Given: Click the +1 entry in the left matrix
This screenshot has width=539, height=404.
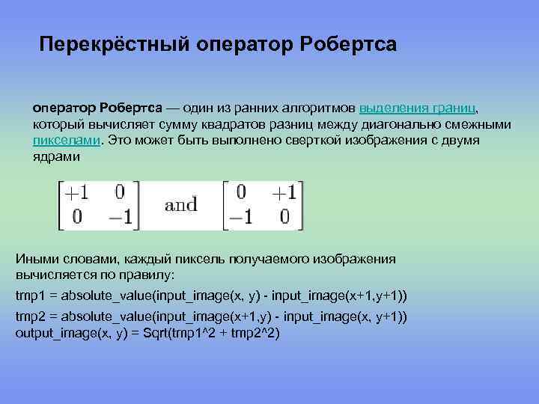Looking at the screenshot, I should pyautogui.click(x=76, y=192).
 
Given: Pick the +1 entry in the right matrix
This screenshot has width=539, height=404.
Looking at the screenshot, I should pyautogui.click(x=283, y=192).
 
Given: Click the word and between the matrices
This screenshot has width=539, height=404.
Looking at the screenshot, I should pyautogui.click(x=180, y=204).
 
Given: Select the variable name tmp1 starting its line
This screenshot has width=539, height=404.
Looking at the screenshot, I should pyautogui.click(x=28, y=296).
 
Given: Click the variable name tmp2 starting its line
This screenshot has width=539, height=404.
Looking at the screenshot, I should pyautogui.click(x=28, y=316).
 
